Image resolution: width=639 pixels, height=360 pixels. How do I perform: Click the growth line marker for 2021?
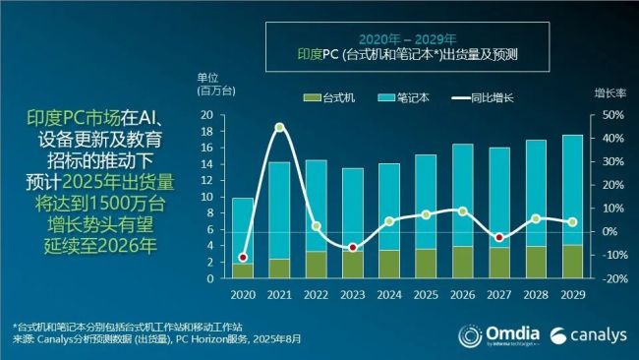279,128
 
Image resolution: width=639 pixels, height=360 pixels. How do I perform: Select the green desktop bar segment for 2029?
570,262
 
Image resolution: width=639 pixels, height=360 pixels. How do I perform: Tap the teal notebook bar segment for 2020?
243,230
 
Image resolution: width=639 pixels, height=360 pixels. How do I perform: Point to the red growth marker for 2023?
352,247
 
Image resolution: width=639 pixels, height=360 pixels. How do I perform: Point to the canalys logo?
585,333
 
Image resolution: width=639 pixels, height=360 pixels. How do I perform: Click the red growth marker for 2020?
243,258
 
